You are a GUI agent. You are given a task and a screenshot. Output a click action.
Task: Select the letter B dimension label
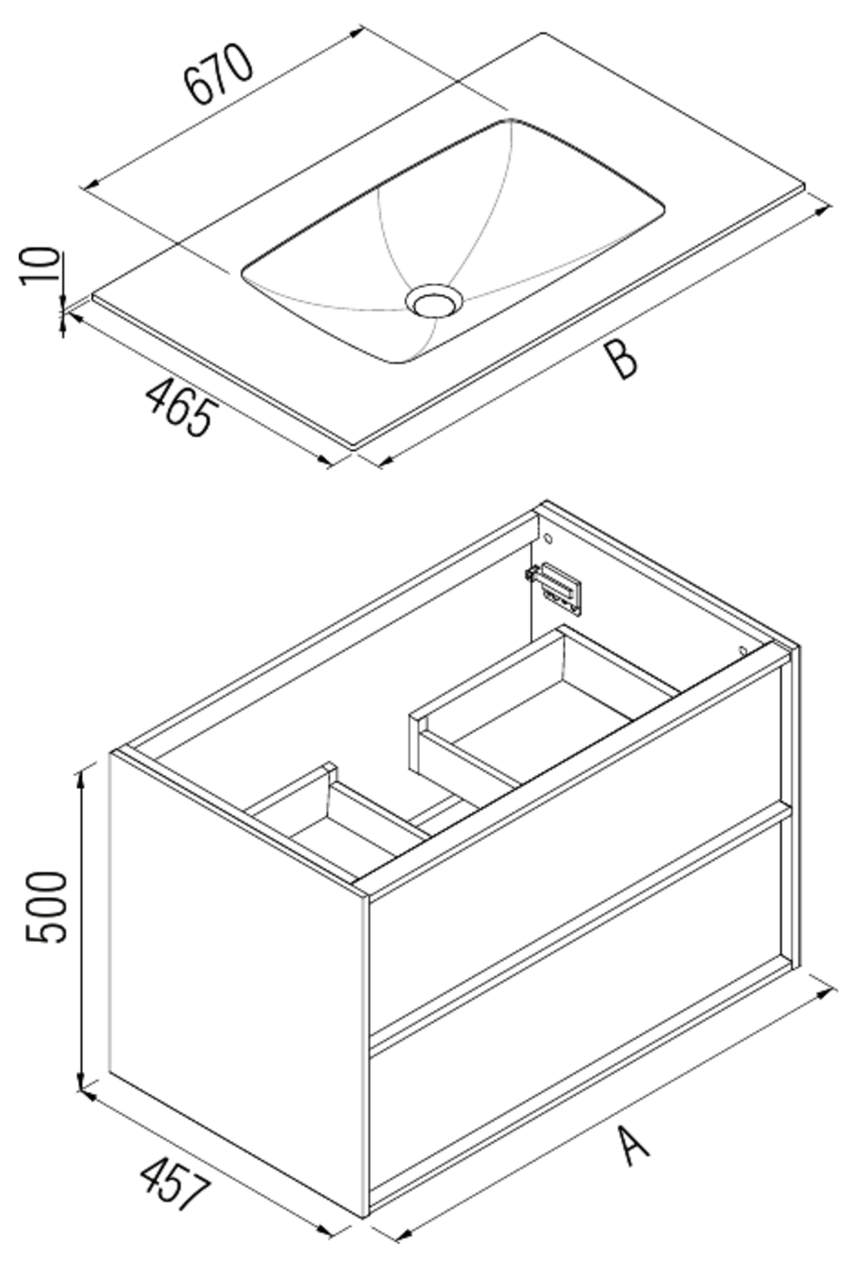(620, 359)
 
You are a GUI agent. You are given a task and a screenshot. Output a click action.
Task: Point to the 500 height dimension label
(47, 908)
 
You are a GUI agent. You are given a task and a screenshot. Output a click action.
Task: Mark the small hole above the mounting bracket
(548, 539)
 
